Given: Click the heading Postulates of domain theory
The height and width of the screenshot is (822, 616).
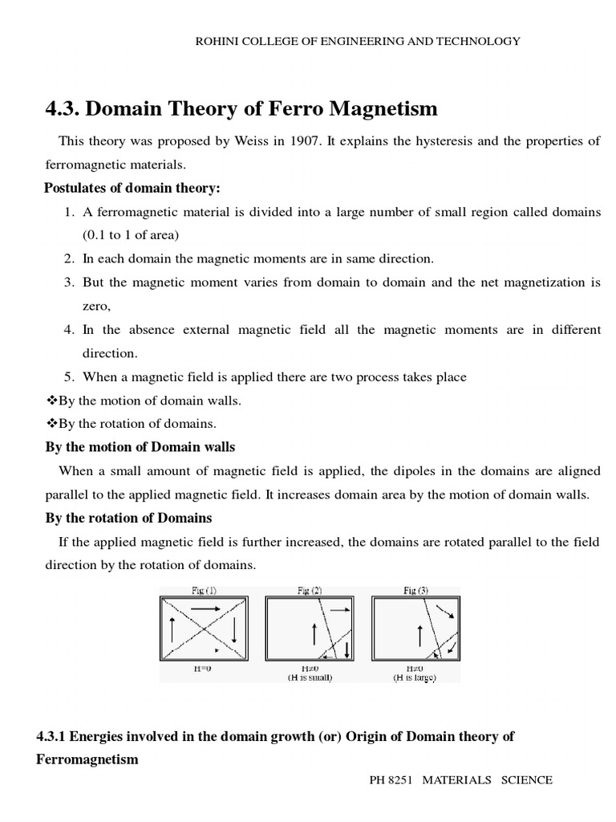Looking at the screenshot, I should click(131, 188).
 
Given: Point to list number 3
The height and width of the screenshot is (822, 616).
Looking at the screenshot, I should click(68, 283).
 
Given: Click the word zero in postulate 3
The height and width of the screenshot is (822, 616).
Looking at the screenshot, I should click(96, 306).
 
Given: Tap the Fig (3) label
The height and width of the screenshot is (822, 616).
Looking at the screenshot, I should click(415, 590).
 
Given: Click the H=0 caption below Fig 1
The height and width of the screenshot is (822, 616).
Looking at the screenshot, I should click(205, 667).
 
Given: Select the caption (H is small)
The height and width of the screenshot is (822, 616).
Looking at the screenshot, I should click(310, 678).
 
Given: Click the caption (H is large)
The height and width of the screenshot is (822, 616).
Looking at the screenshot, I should click(415, 678).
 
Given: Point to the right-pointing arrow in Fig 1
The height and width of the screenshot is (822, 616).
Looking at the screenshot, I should click(205, 609).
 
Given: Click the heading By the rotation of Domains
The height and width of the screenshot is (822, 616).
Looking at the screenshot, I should click(128, 518).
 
